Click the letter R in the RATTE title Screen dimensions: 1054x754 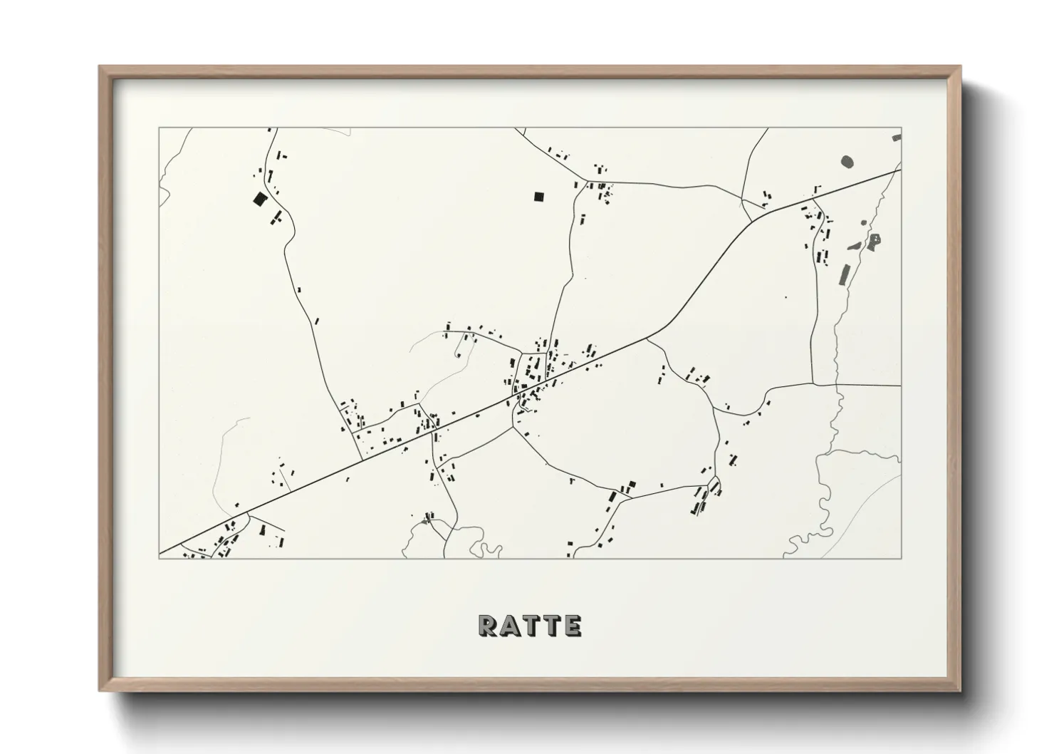487,626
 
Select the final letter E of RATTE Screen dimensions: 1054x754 572,626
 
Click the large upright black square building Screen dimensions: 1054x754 538,197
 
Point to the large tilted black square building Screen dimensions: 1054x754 260,199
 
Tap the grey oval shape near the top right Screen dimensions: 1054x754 847,162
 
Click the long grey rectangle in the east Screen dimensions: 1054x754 845,274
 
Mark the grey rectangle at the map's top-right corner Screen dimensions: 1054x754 897,137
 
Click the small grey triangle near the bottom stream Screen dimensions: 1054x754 425,522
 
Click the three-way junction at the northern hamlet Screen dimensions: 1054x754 587,181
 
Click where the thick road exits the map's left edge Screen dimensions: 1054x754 160,552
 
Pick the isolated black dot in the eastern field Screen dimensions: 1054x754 786,296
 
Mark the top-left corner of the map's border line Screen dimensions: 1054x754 159,128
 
